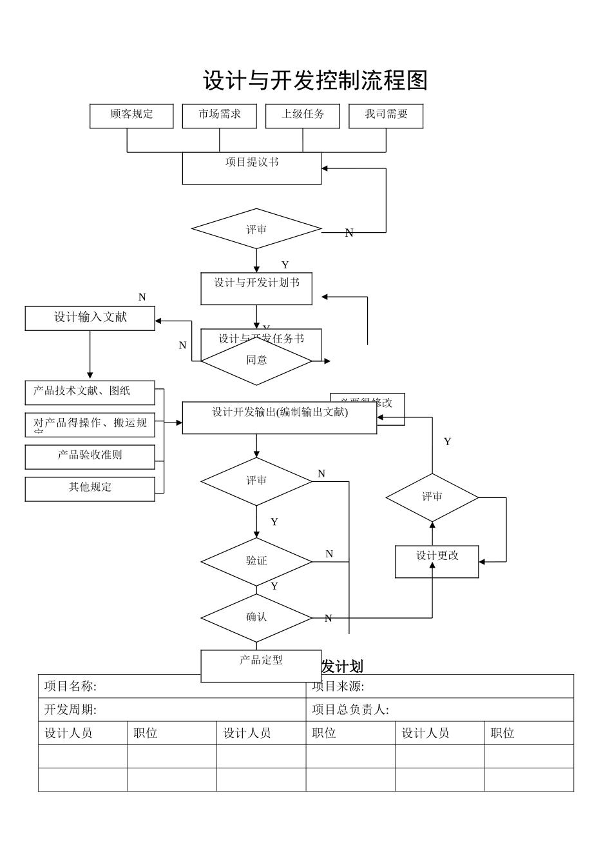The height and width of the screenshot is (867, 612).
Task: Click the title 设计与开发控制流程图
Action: [315, 81]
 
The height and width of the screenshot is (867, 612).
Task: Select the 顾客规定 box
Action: [131, 116]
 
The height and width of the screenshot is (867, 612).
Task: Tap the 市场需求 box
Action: [219, 116]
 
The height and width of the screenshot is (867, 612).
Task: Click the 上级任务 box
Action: [302, 116]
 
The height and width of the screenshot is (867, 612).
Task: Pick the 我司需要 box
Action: [386, 116]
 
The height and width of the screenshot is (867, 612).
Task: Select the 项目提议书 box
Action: [251, 168]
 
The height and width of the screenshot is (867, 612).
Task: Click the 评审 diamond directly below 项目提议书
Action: [256, 229]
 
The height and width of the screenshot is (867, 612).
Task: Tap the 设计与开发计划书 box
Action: [256, 288]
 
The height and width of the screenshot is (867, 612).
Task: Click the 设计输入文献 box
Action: [90, 318]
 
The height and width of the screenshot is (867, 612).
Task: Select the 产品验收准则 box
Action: [90, 457]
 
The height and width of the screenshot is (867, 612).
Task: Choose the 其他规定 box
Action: [90, 489]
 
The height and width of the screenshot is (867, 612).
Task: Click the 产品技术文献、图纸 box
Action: [90, 392]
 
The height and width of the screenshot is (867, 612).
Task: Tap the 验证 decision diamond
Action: [256, 561]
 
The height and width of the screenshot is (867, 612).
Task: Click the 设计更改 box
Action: [437, 561]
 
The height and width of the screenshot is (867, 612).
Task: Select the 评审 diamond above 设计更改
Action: [432, 497]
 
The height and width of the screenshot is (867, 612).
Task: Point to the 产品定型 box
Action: [261, 666]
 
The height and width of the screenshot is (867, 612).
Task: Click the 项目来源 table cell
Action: [439, 686]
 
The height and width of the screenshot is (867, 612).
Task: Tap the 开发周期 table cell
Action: [171, 710]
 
